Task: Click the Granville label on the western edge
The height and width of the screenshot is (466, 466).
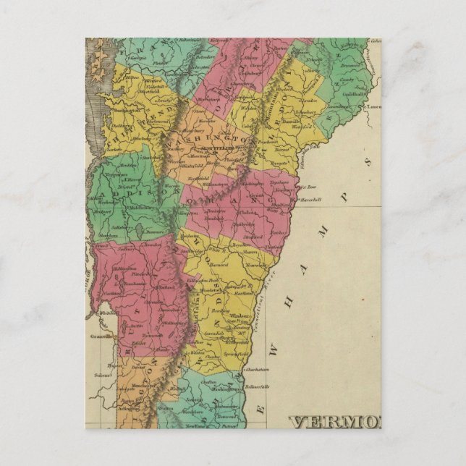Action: click(101, 336)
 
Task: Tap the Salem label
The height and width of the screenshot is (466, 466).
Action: click(100, 376)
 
